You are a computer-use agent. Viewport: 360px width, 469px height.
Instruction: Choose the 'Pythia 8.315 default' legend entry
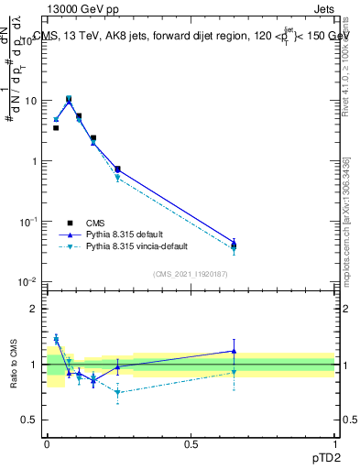[119, 234]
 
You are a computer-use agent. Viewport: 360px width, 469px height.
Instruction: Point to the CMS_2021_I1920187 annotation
[191, 274]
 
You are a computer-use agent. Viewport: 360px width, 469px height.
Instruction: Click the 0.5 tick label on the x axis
[191, 442]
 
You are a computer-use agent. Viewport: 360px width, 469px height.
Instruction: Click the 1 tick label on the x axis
[335, 442]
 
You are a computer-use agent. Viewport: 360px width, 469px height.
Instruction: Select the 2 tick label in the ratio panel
[35, 309]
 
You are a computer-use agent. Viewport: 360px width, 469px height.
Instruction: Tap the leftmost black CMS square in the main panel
[56, 128]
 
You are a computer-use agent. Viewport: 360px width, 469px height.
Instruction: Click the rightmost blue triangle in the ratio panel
[235, 351]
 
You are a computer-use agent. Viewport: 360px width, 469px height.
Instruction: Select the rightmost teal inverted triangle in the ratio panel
[235, 372]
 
